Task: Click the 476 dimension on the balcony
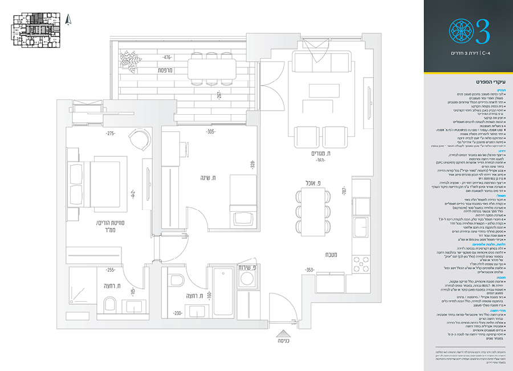(167, 58)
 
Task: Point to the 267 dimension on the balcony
(219, 95)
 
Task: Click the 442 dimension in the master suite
(132, 194)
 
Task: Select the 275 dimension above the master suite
(111, 134)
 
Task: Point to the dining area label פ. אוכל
(315, 184)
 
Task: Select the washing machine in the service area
(247, 279)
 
